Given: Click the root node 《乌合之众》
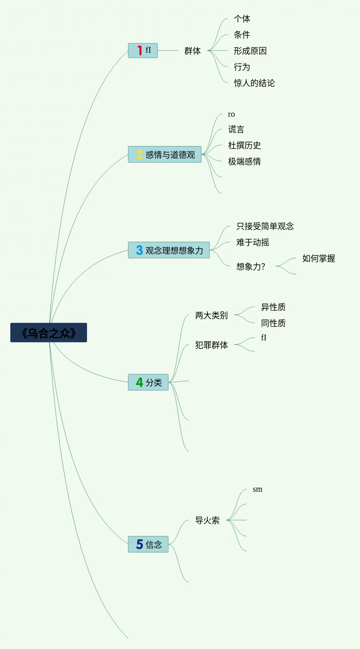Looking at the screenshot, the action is [x=49, y=333].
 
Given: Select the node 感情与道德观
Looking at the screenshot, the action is [x=165, y=154].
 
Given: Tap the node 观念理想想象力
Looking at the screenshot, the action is [x=169, y=250].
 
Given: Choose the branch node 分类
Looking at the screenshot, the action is [x=148, y=382].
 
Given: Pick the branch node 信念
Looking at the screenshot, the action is [x=148, y=544].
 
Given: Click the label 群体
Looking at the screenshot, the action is [x=193, y=51].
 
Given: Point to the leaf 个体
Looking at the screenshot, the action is [x=242, y=19].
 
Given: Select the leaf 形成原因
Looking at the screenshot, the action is [x=250, y=51].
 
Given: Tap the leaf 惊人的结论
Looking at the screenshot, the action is [x=254, y=83].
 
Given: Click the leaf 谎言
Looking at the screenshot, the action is [x=236, y=130].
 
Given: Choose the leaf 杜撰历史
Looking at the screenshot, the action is [x=245, y=145].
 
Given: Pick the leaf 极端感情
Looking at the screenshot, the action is [x=245, y=161].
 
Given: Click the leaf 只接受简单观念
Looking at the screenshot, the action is [x=265, y=226].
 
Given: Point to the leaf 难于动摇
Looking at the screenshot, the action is [x=253, y=242].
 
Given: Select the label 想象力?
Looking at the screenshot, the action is [x=251, y=267].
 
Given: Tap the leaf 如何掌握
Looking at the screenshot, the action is [x=319, y=258].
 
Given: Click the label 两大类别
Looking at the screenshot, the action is [x=212, y=315].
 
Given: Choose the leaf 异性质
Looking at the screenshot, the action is [x=273, y=307].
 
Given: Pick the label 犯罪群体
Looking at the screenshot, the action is [x=212, y=345].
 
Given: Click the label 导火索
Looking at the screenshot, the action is [x=207, y=520].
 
